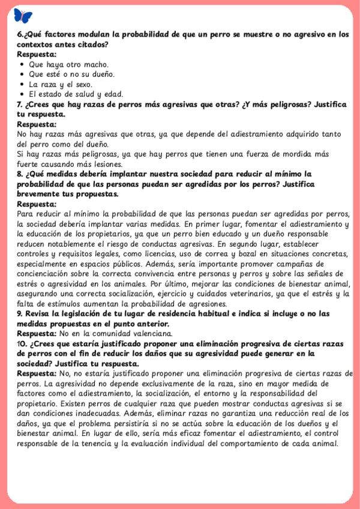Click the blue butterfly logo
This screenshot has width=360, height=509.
pyautogui.click(x=23, y=16)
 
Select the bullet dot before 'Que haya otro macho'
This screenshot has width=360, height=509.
pyautogui.click(x=22, y=64)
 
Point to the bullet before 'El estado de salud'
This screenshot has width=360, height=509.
pyautogui.click(x=22, y=94)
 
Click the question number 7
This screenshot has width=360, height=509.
pyautogui.click(x=20, y=104)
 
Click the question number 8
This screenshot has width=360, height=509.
pyautogui.click(x=20, y=173)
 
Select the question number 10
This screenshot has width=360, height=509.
pyautogui.click(x=23, y=343)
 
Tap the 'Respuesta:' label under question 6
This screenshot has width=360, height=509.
pyautogui.click(x=37, y=54)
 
